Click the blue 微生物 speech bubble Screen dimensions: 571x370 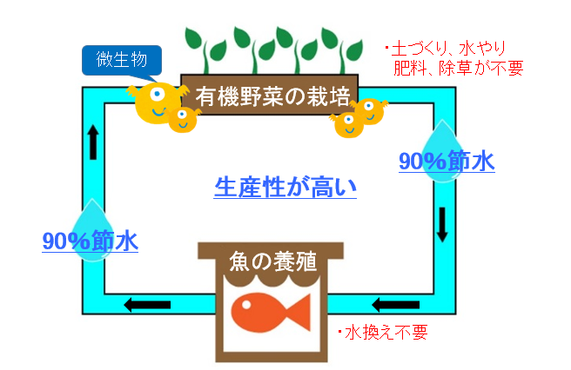pos(122,60)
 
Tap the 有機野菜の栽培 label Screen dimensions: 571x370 pos(272,96)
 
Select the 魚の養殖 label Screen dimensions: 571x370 pos(272,261)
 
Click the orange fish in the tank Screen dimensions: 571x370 pos(271,313)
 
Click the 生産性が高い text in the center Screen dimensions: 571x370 pos(285,188)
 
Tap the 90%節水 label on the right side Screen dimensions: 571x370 pos(447,162)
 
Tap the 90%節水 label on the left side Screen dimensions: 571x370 pos(91,241)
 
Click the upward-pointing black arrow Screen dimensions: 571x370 pos(93,142)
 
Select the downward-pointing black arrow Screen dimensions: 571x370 pos(442,225)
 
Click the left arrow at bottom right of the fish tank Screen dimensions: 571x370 pos(396,305)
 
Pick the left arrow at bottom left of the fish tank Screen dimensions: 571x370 pos(147,305)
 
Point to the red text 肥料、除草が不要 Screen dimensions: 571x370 pos(459,68)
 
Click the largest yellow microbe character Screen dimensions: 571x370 pos(158,102)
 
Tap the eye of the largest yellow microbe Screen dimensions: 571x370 pos(158,95)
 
